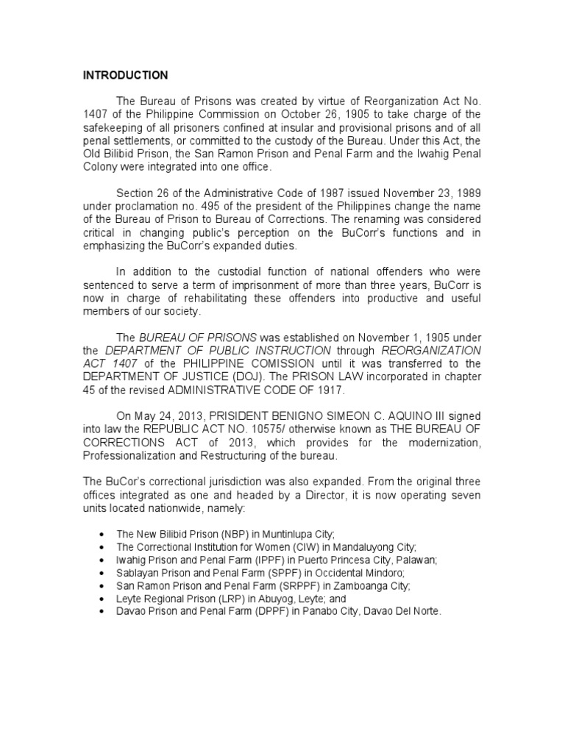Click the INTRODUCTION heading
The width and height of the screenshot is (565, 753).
tap(125, 75)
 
